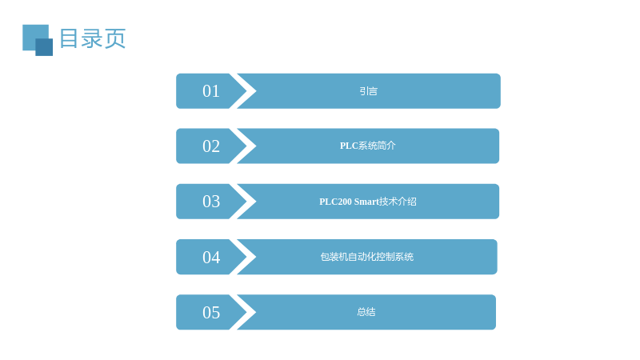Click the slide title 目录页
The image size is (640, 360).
[x=92, y=38]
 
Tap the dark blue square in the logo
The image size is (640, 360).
[x=44, y=47]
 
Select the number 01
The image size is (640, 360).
[x=211, y=91]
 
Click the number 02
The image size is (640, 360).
[x=211, y=146]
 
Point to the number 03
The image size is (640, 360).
[x=211, y=202]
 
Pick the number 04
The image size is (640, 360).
[x=211, y=257]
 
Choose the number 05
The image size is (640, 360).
[x=211, y=312]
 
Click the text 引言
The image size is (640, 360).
[x=368, y=91]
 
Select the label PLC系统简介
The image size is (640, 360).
[x=368, y=146]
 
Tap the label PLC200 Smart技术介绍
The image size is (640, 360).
[x=368, y=202]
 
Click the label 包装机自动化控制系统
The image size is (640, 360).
[x=367, y=257]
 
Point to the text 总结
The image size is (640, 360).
[x=366, y=312]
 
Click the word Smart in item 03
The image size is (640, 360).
[x=366, y=202]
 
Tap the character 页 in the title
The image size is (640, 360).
[x=115, y=38]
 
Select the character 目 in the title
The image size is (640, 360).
[x=69, y=38]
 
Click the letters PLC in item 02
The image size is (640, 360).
[x=349, y=146]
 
